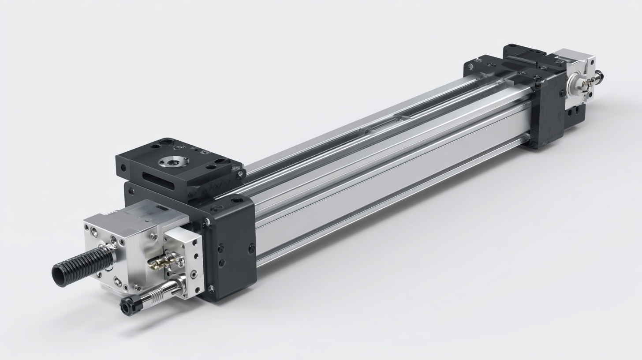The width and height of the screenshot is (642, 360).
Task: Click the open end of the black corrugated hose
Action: (x=60, y=275)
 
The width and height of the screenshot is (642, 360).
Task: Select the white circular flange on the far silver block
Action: (x=576, y=82)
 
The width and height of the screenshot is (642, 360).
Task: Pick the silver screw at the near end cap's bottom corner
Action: (x=211, y=289)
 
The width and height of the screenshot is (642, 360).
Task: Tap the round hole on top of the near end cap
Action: (x=237, y=200)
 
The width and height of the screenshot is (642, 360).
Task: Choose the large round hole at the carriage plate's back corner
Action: (x=167, y=142)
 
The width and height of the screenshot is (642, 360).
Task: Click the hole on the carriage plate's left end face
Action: (x=123, y=168)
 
